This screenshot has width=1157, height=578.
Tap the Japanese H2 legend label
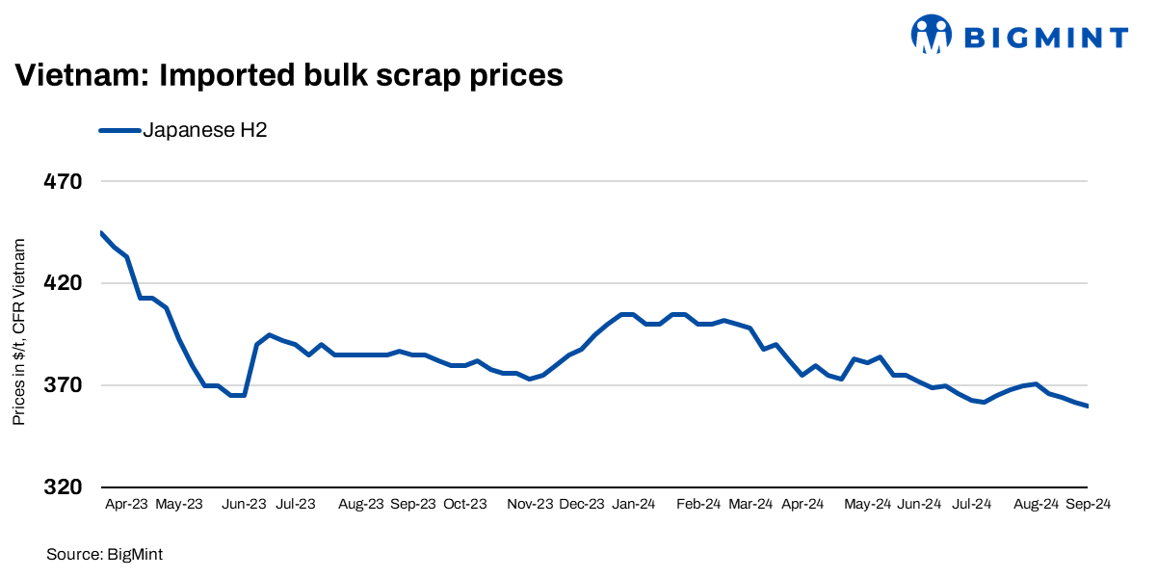tap(204, 130)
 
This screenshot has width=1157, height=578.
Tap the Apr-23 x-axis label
tap(126, 504)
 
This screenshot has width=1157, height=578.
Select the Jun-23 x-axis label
tap(245, 504)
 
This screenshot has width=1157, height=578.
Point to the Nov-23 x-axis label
tap(530, 504)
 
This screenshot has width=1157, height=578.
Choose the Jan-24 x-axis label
tap(634, 504)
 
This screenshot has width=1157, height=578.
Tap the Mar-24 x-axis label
tap(750, 504)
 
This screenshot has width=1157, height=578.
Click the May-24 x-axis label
tap(868, 504)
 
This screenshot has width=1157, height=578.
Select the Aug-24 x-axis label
tap(1037, 504)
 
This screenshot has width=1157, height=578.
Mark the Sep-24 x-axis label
tap(1088, 504)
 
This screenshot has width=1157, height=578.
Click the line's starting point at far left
tap(101, 232)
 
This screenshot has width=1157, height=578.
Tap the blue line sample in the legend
tap(119, 130)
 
